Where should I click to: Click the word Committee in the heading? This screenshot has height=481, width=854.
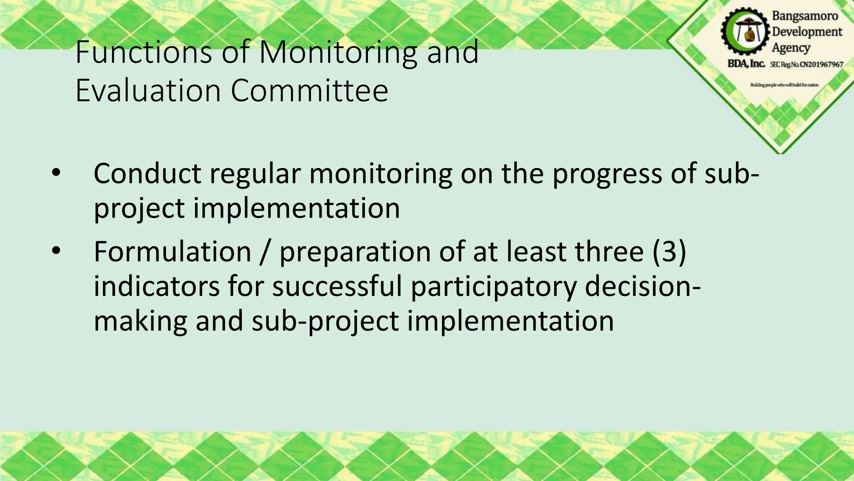[309, 91]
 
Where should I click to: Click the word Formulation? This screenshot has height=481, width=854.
[172, 251]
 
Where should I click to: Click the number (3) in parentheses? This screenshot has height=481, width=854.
[669, 251]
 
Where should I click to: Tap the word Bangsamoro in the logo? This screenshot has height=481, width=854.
[805, 16]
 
